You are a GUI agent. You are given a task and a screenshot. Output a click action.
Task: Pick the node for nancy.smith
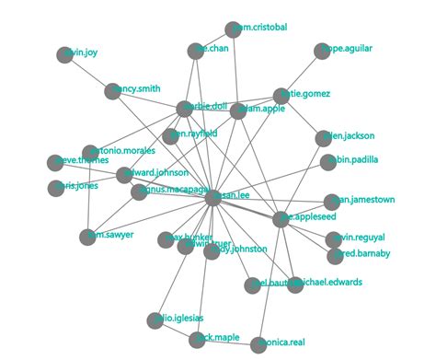point(112,91)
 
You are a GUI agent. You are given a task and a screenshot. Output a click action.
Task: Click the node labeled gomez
point(281,96)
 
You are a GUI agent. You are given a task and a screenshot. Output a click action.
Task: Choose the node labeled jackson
point(323,139)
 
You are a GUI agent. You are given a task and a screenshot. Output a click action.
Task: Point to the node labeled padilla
point(328,163)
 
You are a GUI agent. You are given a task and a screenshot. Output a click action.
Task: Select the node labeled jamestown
point(332,202)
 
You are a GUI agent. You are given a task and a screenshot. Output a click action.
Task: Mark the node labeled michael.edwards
point(295,285)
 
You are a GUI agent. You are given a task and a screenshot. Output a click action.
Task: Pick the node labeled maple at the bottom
point(197,341)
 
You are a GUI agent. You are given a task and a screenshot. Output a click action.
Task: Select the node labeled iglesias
point(155,320)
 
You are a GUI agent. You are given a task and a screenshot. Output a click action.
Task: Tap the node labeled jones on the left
point(56,189)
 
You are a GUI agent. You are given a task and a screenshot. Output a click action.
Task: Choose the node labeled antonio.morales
point(89,153)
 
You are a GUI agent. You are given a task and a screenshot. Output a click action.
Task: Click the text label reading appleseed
point(304,220)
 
